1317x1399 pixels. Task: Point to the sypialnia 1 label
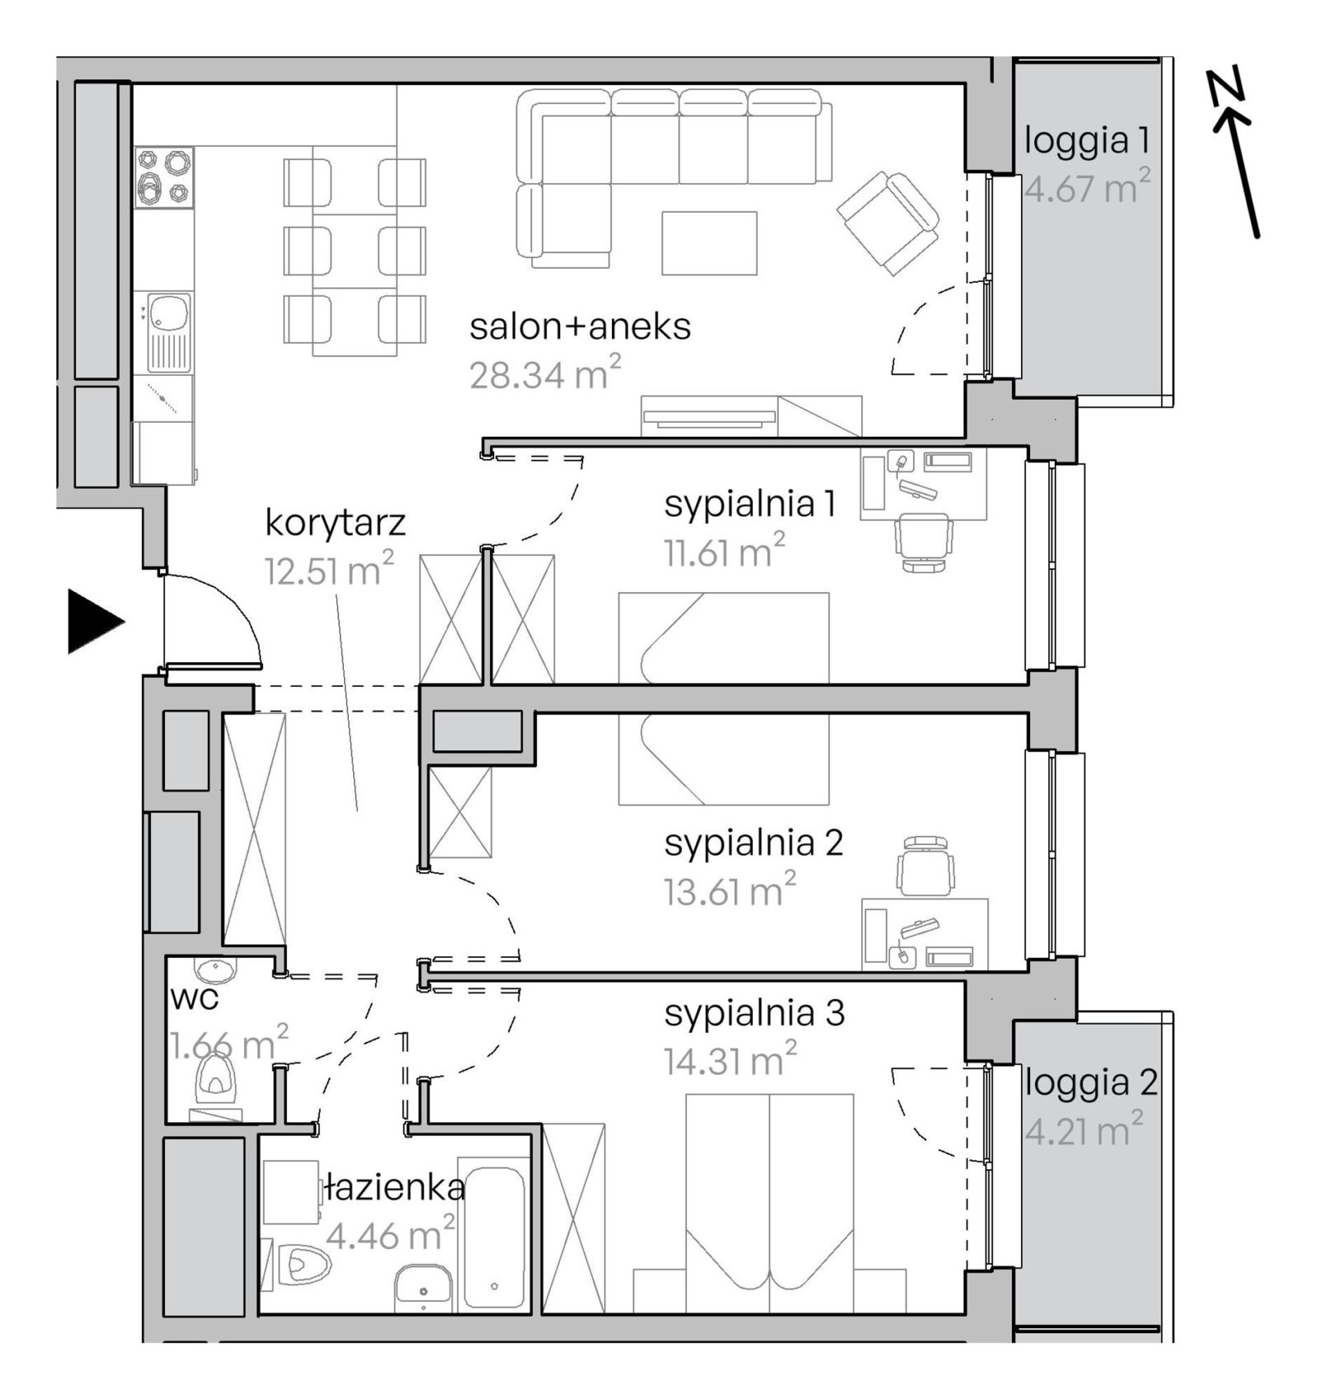(x=751, y=505)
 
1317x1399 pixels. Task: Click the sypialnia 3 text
(x=754, y=1014)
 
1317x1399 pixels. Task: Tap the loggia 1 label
(x=1087, y=140)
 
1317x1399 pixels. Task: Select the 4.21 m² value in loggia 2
(x=1083, y=1129)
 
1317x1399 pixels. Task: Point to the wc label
(x=194, y=999)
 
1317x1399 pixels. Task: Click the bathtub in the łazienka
(x=493, y=1238)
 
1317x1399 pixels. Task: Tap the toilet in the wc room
(x=216, y=1086)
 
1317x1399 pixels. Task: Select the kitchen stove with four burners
(x=164, y=177)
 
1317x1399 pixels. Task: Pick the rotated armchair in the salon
(x=887, y=223)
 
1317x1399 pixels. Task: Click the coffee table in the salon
(x=709, y=243)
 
